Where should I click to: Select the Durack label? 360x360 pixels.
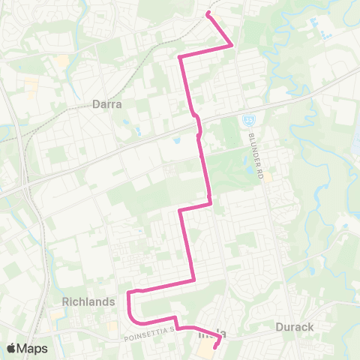click(x=298, y=327)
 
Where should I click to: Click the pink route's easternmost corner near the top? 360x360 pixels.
click(x=231, y=45)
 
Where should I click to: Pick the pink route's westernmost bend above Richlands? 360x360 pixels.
click(x=129, y=292)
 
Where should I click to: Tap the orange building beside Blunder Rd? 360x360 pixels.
click(x=268, y=177)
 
